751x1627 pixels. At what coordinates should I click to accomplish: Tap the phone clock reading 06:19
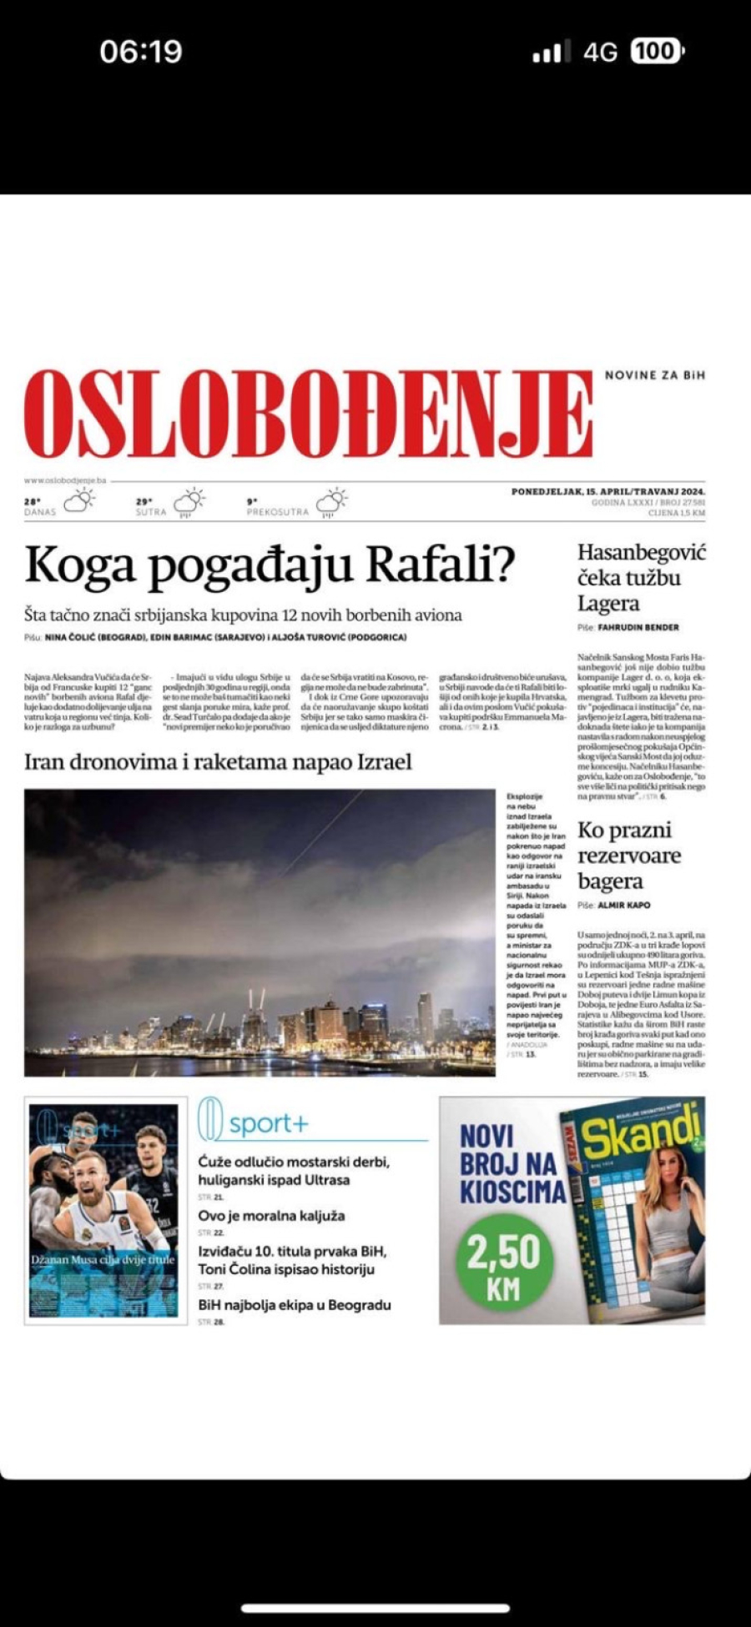(140, 52)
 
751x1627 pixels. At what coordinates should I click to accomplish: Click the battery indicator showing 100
(657, 52)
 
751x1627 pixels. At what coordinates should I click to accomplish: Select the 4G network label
(600, 53)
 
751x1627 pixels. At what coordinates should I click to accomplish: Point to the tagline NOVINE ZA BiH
(655, 375)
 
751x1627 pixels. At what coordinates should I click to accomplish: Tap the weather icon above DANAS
(79, 500)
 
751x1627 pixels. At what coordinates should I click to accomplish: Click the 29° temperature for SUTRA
(144, 502)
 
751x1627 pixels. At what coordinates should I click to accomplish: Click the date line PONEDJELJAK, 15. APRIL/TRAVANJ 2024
(608, 492)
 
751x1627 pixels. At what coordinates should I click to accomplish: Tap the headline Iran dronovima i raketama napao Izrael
(218, 761)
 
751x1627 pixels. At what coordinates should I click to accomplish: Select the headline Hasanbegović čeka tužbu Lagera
(641, 577)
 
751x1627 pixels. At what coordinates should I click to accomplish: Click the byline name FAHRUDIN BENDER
(638, 627)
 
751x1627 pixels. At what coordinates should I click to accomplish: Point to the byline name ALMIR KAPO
(624, 905)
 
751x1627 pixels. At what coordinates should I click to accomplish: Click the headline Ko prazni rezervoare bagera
(629, 856)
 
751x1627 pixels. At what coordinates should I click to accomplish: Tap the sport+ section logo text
(268, 1124)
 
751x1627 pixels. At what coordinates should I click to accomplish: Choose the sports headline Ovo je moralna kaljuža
(271, 1216)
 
